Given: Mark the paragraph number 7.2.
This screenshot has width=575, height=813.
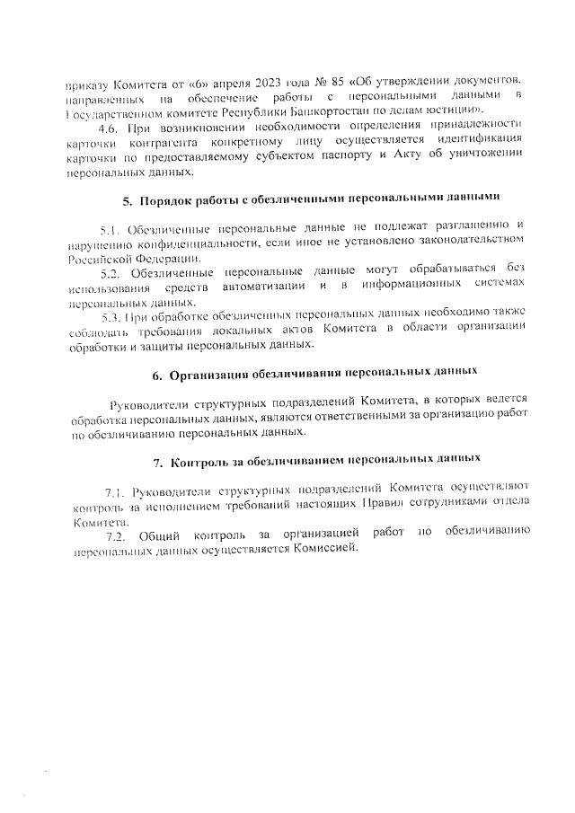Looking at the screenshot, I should [x=118, y=535].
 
